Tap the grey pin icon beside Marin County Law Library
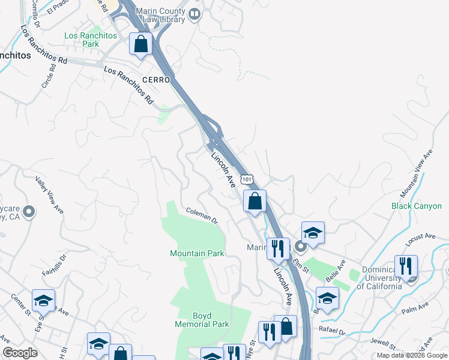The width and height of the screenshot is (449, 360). (194, 14)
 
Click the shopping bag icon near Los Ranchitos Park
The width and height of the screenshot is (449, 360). (140, 44)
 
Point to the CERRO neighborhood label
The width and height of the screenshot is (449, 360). (157, 80)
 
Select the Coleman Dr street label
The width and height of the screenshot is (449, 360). (202, 214)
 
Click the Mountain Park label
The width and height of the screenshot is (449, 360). (197, 253)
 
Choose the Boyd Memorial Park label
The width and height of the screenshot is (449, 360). (202, 320)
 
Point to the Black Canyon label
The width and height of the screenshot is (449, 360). (416, 206)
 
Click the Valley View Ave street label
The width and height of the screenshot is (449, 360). (49, 195)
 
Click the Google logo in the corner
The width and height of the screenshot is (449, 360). (20, 353)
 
